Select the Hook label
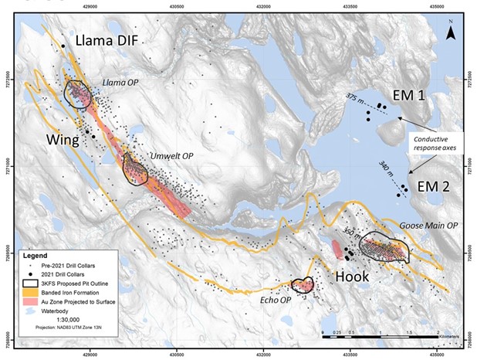click(352, 276)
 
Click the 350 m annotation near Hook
click(351, 231)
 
